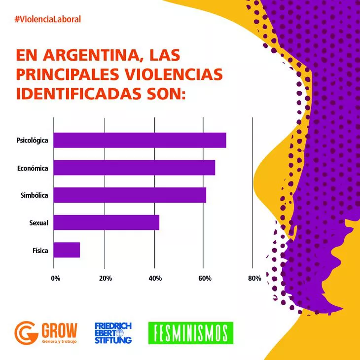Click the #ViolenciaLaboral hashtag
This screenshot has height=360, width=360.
click(x=48, y=19)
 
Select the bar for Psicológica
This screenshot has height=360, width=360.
click(x=140, y=141)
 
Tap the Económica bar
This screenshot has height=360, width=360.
click(x=134, y=168)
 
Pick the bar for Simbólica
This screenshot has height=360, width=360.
click(x=130, y=195)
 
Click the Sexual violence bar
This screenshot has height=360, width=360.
click(x=106, y=222)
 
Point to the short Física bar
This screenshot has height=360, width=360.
click(x=67, y=250)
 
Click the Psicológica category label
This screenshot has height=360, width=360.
click(x=32, y=141)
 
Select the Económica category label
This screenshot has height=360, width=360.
click(x=33, y=168)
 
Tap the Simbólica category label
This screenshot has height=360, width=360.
click(x=34, y=196)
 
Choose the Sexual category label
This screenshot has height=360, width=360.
click(x=39, y=223)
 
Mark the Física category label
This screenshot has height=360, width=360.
click(x=40, y=251)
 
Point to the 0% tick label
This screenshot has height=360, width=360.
click(x=56, y=279)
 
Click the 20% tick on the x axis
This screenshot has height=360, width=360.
click(x=105, y=279)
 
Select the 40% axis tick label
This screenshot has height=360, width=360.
click(x=155, y=279)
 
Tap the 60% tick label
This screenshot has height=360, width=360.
click(x=205, y=279)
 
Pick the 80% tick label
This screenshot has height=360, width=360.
click(x=254, y=279)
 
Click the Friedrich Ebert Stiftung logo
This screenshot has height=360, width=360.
click(x=113, y=333)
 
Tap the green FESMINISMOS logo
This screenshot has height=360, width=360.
click(x=190, y=333)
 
